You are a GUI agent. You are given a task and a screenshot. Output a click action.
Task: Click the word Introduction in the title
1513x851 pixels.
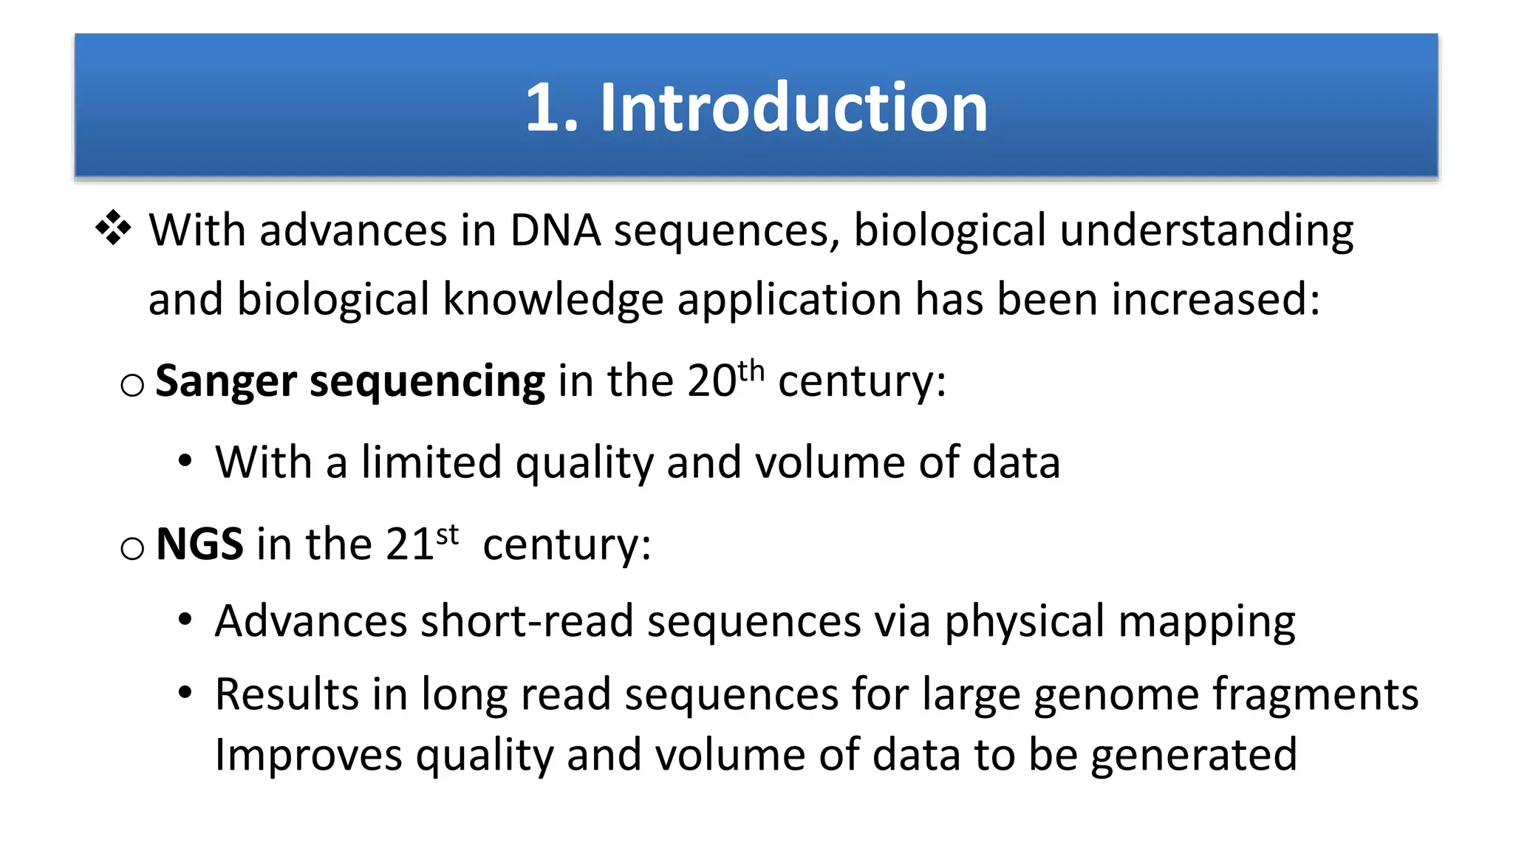(x=793, y=108)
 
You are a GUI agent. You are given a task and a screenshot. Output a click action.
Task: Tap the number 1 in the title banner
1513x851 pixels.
(x=543, y=108)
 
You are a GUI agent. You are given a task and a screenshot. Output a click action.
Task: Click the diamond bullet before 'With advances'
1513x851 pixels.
(x=113, y=228)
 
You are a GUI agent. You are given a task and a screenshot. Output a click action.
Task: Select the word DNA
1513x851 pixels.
(x=555, y=230)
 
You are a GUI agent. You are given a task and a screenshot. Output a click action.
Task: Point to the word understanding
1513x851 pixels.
(x=1206, y=232)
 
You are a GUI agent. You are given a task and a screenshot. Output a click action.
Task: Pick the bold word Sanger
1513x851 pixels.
(x=226, y=383)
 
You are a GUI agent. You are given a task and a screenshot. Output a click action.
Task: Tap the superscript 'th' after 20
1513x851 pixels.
(x=751, y=370)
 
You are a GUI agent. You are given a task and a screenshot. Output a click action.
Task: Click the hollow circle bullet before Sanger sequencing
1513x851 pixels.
(x=132, y=385)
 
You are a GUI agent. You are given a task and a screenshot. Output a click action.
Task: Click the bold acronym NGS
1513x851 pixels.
(x=199, y=544)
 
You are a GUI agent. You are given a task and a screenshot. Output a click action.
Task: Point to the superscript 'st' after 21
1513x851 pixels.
(x=448, y=534)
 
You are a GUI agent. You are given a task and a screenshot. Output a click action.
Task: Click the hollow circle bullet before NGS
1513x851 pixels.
(x=132, y=548)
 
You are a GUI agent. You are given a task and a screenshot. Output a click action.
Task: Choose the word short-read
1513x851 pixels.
(x=527, y=621)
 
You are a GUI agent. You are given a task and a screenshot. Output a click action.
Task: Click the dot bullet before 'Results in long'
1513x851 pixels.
(x=185, y=693)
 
